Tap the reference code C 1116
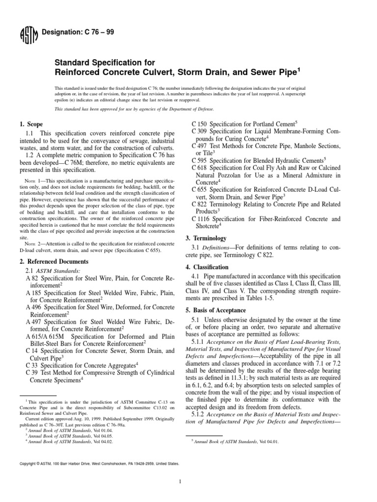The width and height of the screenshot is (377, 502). (x=202, y=219)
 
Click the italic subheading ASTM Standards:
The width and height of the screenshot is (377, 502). (x=54, y=270)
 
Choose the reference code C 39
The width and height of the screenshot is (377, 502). (x=32, y=372)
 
